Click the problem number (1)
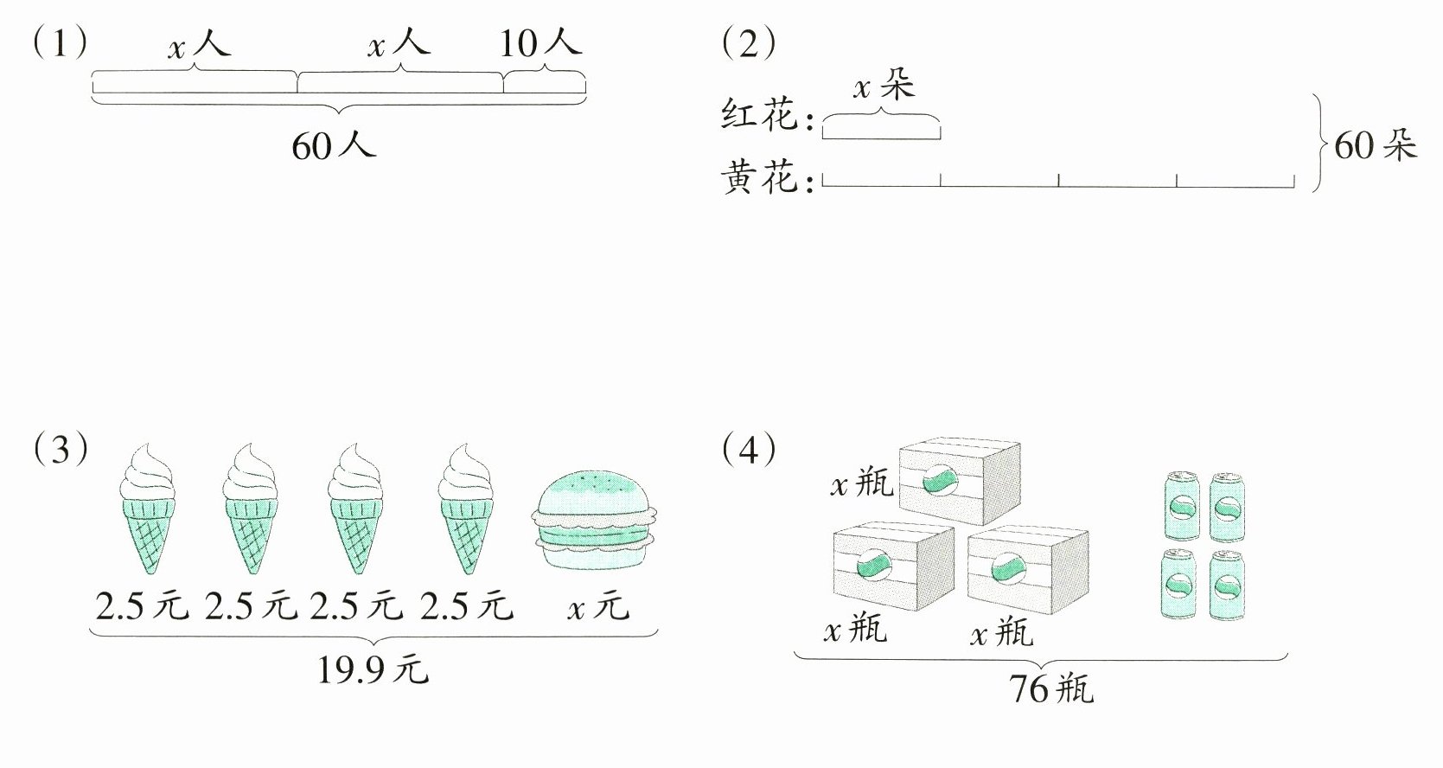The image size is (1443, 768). point(60,43)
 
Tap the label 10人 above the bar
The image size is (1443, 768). point(540,42)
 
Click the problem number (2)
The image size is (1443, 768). point(749,43)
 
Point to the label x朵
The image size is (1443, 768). point(883,86)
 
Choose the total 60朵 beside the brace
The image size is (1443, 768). point(1375,145)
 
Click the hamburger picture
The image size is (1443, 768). point(598,518)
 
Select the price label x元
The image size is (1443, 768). point(597,607)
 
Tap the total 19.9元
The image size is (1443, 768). point(372,669)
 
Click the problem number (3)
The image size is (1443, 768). point(60,449)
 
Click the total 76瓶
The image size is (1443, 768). point(1050,689)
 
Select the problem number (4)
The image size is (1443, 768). point(749,449)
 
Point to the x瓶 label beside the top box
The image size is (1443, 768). point(861,484)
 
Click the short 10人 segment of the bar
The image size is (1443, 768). point(545,84)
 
